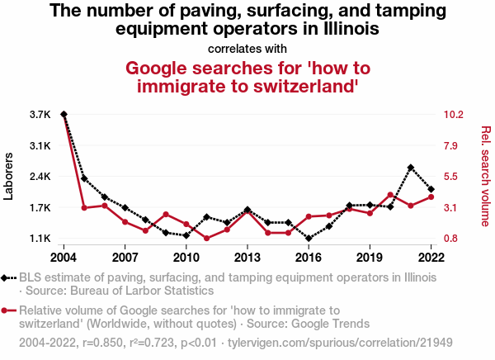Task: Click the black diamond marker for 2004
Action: click(x=64, y=114)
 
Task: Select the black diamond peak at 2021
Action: click(x=411, y=168)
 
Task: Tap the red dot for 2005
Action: click(x=84, y=207)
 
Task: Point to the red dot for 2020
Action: click(x=390, y=195)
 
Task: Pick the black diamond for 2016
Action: click(x=309, y=239)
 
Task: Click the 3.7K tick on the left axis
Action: click(x=40, y=114)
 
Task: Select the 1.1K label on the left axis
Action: click(x=40, y=239)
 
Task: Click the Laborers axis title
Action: click(x=10, y=177)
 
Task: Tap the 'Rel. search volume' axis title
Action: click(x=485, y=176)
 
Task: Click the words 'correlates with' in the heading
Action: click(x=247, y=47)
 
